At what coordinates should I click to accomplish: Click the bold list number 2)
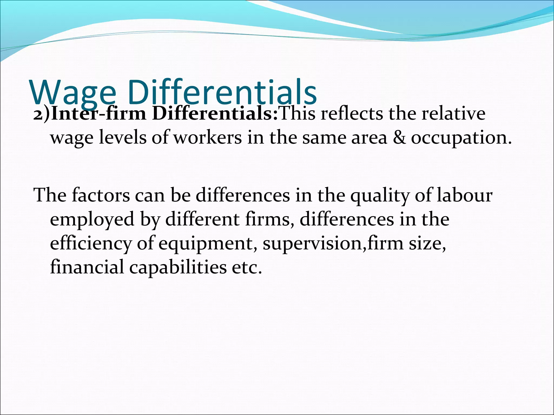coord(42,114)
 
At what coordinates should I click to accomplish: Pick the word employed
coord(92,219)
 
